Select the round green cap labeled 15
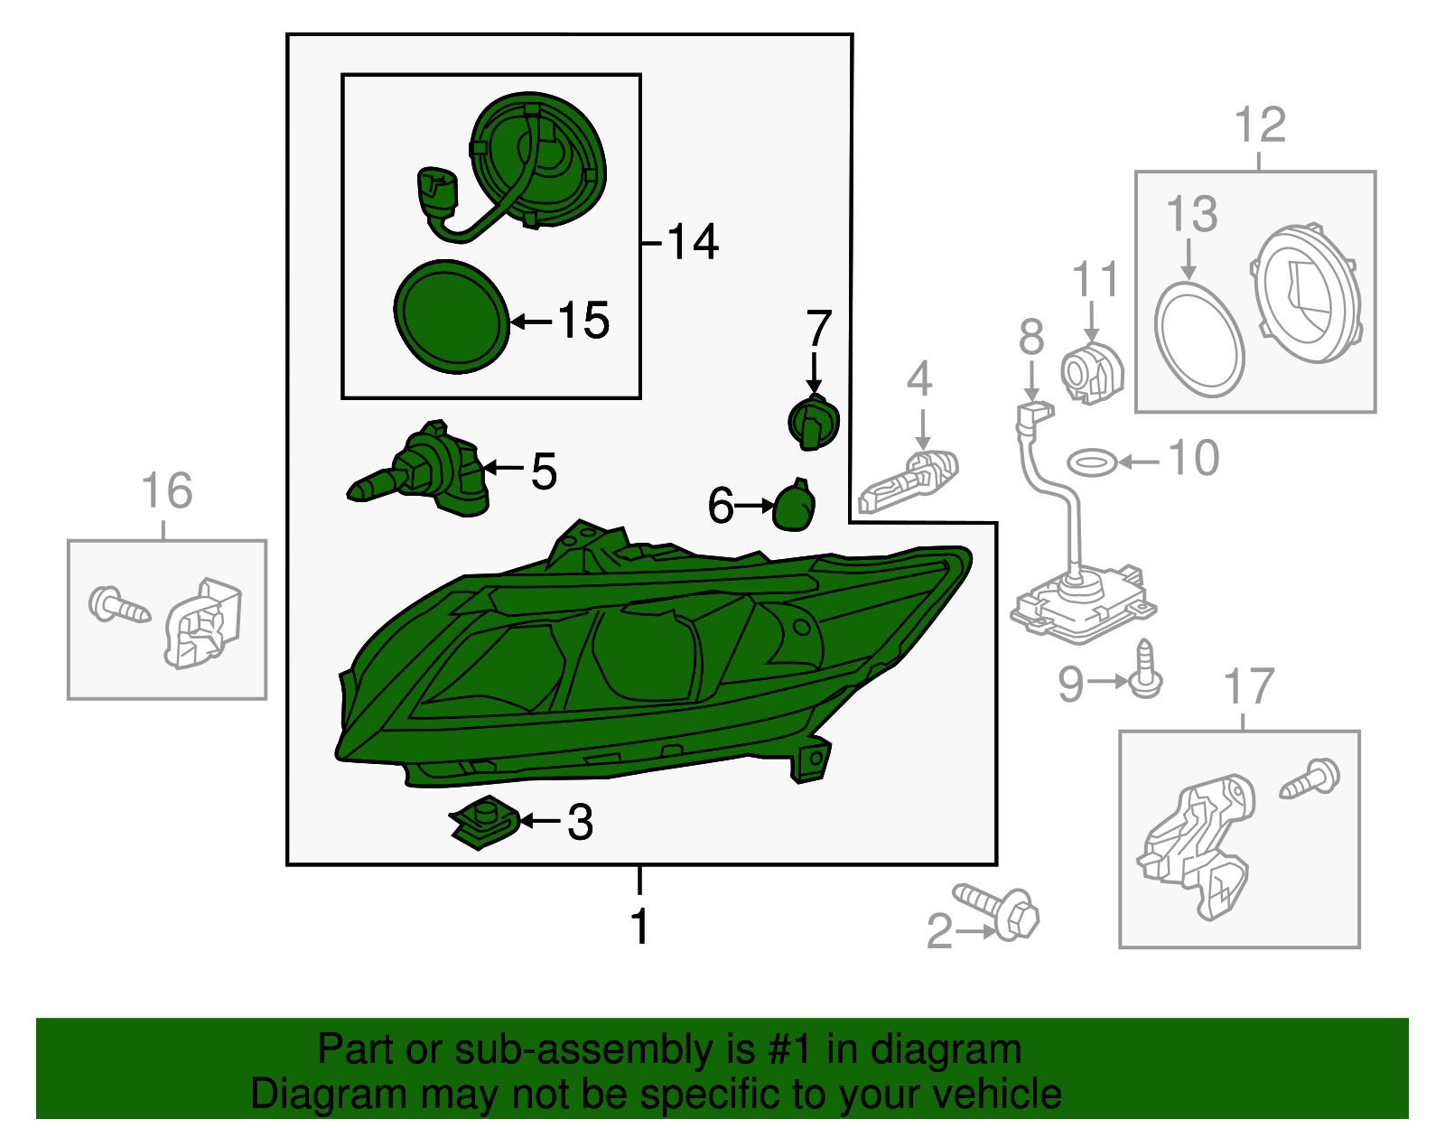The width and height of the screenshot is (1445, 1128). pyautogui.click(x=452, y=316)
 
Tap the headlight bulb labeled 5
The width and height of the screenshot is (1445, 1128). pyautogui.click(x=419, y=470)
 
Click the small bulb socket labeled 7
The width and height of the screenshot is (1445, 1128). pyautogui.click(x=814, y=422)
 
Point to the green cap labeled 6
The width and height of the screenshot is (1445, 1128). pyautogui.click(x=794, y=505)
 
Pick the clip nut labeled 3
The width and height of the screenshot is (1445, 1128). pyautogui.click(x=484, y=822)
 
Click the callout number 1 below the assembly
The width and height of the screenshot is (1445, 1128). pyautogui.click(x=639, y=926)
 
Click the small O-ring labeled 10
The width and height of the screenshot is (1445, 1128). pyautogui.click(x=1093, y=462)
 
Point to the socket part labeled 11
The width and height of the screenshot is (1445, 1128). pyautogui.click(x=1092, y=371)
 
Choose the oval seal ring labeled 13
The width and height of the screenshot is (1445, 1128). pyautogui.click(x=1198, y=340)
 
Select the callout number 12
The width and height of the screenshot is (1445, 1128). pyautogui.click(x=1260, y=125)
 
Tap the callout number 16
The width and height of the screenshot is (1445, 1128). pyautogui.click(x=167, y=490)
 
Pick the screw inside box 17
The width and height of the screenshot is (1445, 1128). pyautogui.click(x=1310, y=778)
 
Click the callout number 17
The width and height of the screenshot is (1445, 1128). pyautogui.click(x=1249, y=686)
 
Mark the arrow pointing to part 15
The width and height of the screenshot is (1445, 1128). pyautogui.click(x=531, y=322)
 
